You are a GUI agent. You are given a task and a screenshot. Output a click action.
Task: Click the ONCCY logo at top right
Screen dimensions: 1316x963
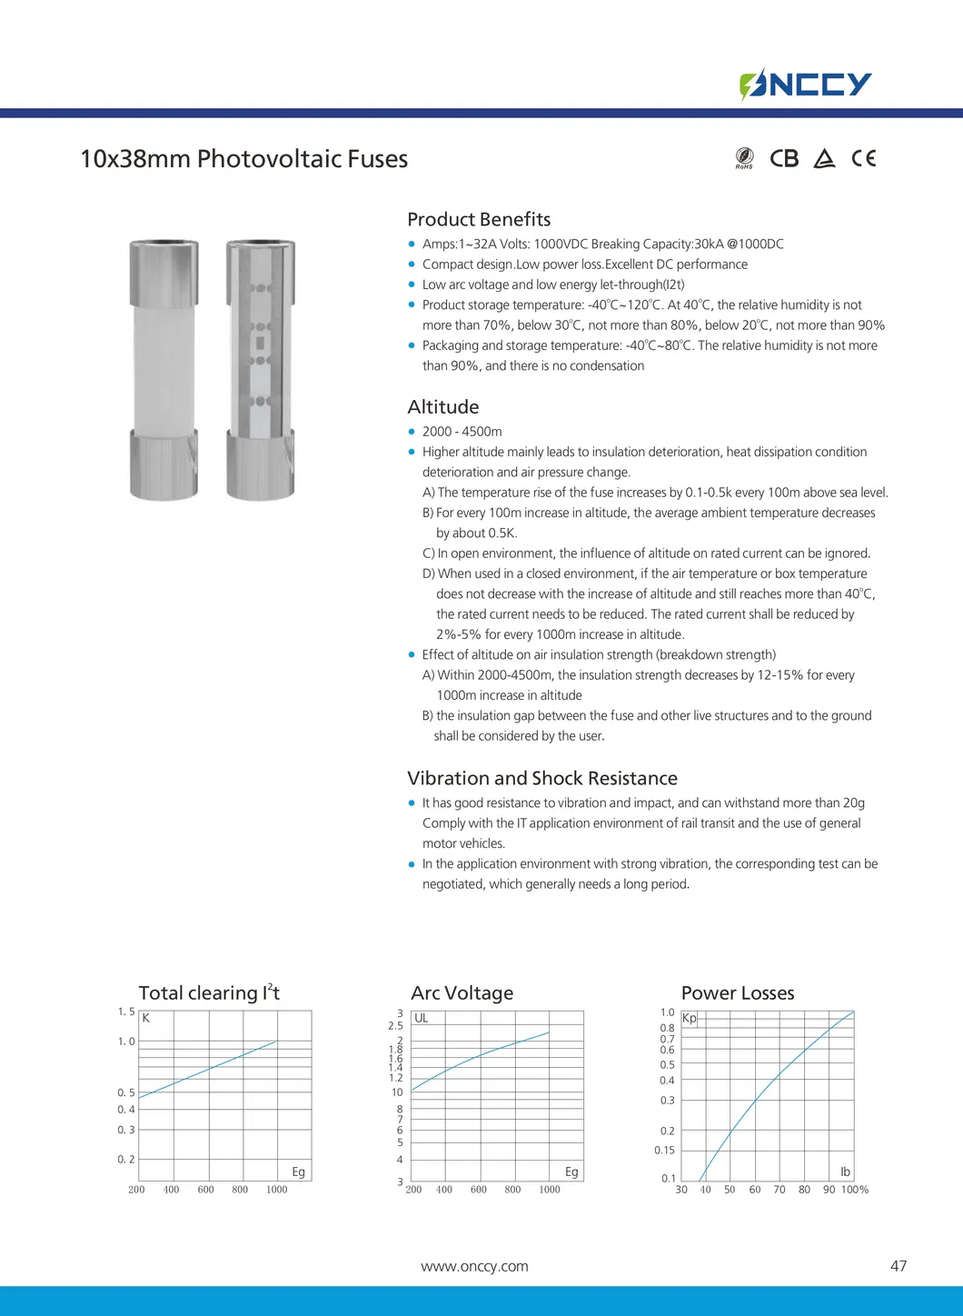[806, 85]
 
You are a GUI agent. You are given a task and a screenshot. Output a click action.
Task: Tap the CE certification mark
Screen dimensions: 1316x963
[864, 158]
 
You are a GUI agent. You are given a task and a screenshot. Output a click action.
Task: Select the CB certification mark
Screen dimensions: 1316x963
[784, 158]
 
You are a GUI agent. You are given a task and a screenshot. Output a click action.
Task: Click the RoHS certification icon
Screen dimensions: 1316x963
[744, 158]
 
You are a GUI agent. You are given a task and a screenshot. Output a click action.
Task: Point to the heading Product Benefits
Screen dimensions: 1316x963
[479, 219]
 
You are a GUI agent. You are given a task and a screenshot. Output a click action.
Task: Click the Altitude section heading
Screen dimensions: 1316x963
[442, 407]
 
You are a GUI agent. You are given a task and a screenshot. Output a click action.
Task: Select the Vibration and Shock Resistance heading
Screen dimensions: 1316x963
[542, 778]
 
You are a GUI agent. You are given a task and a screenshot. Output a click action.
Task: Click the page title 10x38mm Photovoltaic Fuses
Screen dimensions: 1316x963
[243, 159]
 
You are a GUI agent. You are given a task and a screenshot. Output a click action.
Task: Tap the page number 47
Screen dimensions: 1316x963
[898, 1266]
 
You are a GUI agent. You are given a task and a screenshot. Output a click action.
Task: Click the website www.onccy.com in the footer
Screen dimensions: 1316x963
[474, 1266]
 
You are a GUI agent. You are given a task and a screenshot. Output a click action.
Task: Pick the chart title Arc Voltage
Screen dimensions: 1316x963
[462, 993]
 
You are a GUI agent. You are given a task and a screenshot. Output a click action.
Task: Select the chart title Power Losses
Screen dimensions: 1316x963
[738, 993]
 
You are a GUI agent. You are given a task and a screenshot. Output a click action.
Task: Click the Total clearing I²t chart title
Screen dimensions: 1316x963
[209, 993]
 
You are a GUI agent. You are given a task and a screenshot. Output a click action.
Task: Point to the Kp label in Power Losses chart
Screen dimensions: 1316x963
[690, 1018]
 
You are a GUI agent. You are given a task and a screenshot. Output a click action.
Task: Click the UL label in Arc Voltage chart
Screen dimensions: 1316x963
[422, 1018]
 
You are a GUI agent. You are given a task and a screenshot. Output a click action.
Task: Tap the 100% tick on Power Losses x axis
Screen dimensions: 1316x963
[855, 1190]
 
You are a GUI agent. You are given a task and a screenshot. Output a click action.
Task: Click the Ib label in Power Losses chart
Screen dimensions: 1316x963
[845, 1172]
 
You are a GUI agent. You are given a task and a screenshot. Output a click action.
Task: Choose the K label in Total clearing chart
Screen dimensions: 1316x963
[145, 1018]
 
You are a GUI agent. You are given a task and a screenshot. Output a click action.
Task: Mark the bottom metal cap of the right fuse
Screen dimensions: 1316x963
[260, 465]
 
